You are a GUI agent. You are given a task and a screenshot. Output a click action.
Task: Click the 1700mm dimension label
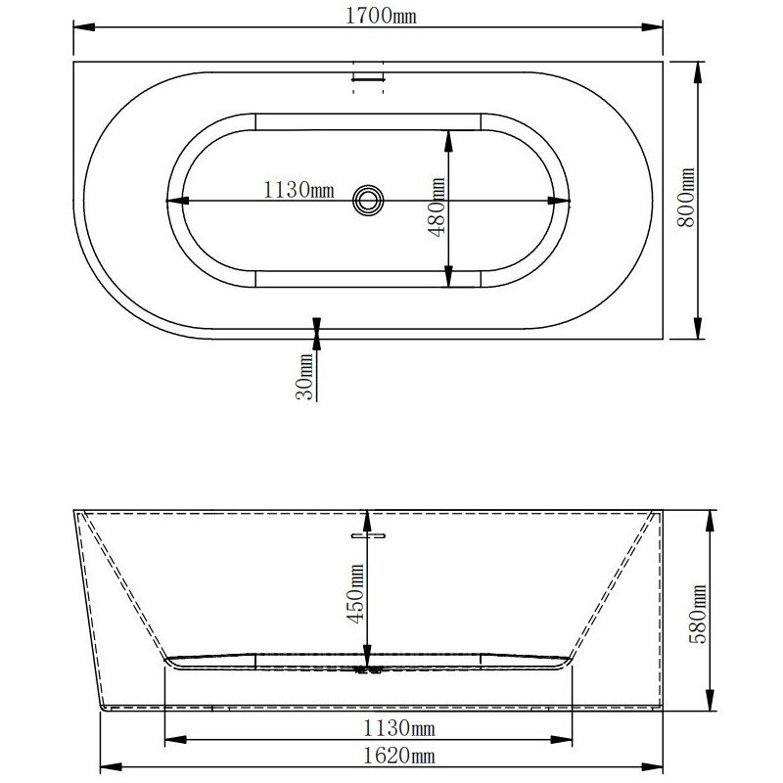coord(381,16)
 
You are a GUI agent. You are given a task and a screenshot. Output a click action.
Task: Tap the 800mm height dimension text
coord(687,198)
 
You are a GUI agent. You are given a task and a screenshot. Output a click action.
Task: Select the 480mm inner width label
coord(437,207)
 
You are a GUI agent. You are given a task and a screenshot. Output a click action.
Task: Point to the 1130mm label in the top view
coord(299,190)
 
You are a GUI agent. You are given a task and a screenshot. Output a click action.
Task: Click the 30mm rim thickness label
coord(304,377)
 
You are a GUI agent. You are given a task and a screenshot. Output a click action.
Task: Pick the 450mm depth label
coord(355,593)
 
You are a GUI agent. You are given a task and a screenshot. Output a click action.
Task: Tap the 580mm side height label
coord(698,614)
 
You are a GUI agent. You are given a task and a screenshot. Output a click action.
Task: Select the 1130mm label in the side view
coord(399,728)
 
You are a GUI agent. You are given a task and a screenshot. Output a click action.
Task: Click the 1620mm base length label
coord(399,756)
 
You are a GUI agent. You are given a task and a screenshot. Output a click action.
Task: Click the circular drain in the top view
coord(368,201)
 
